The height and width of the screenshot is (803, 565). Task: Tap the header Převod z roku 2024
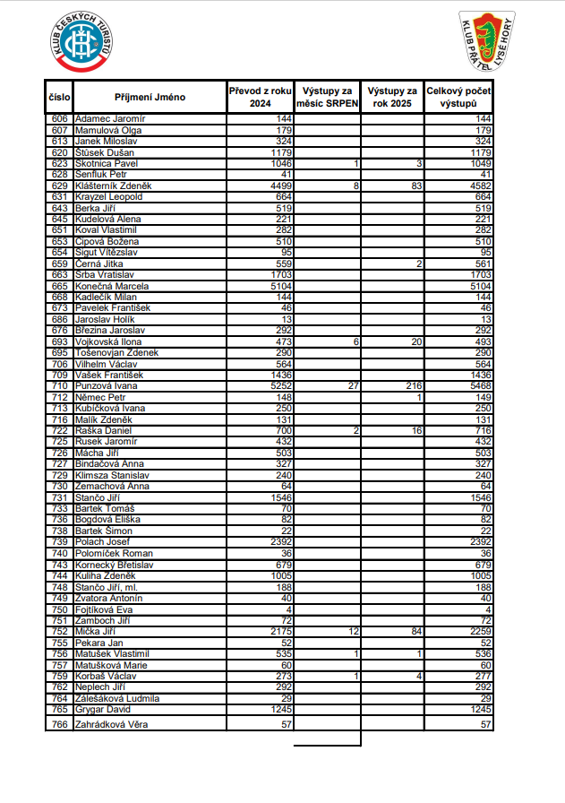(261, 97)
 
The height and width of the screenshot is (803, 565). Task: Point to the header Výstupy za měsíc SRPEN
(328, 97)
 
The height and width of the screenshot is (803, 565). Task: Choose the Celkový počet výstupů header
(458, 97)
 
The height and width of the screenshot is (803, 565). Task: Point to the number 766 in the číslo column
(60, 723)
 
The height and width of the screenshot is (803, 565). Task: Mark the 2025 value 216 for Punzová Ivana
(413, 386)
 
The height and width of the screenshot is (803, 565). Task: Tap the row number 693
(60, 341)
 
